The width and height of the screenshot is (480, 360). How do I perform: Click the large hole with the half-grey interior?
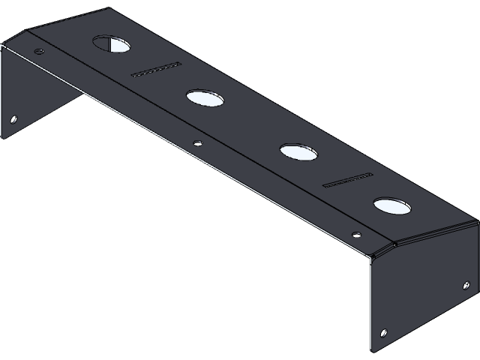tap(111, 44)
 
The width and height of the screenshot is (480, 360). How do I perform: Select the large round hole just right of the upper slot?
tap(205, 97)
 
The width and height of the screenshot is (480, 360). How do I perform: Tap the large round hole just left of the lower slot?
tap(298, 152)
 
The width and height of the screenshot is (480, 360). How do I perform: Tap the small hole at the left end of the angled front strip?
tap(40, 52)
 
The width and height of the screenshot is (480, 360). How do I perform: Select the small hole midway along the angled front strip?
tap(197, 142)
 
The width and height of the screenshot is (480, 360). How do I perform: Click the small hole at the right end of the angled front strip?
tap(355, 232)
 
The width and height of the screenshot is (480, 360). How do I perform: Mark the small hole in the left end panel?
tap(13, 118)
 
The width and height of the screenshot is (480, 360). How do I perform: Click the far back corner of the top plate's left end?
tap(111, 9)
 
